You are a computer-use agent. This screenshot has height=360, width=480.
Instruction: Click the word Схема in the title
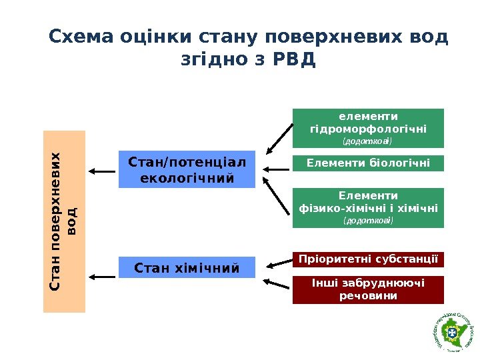point(82,35)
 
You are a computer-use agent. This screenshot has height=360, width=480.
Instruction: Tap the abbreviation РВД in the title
point(293,61)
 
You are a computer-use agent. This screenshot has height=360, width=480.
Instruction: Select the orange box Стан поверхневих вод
point(65,221)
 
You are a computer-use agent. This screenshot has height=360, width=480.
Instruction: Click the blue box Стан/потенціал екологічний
point(187,169)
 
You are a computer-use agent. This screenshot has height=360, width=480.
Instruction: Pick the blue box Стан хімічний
point(187,268)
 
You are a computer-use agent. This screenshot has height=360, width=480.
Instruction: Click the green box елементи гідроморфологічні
point(368,127)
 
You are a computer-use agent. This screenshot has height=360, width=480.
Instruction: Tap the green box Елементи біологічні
point(368,163)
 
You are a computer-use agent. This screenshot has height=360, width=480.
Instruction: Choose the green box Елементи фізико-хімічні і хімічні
point(368,208)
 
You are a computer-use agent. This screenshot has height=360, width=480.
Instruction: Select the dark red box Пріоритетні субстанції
point(368,259)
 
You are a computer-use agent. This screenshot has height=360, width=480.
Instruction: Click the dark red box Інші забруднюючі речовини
point(368,289)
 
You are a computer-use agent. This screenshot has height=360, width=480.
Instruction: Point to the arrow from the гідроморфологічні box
point(279,138)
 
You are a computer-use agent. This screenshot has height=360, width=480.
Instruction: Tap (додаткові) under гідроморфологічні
point(367,141)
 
